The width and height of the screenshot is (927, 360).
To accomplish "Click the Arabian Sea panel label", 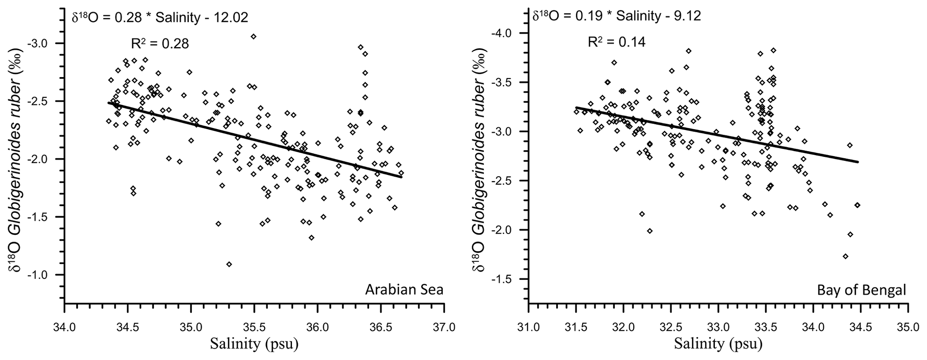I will (x=404, y=290).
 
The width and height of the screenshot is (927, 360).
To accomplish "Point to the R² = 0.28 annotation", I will (x=159, y=43).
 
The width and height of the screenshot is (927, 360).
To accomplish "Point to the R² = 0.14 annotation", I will (x=617, y=42).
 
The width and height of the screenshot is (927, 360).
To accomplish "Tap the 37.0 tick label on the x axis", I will (x=444, y=322).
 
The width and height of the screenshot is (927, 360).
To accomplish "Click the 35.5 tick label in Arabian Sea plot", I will (x=254, y=322).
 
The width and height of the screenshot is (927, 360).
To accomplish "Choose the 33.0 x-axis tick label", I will (x=718, y=322).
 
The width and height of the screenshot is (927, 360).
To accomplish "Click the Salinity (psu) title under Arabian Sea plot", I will (x=254, y=344).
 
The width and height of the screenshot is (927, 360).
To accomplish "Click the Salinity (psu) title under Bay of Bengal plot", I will (x=718, y=344).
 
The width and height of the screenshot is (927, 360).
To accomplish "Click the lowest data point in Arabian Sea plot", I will (x=229, y=264).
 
